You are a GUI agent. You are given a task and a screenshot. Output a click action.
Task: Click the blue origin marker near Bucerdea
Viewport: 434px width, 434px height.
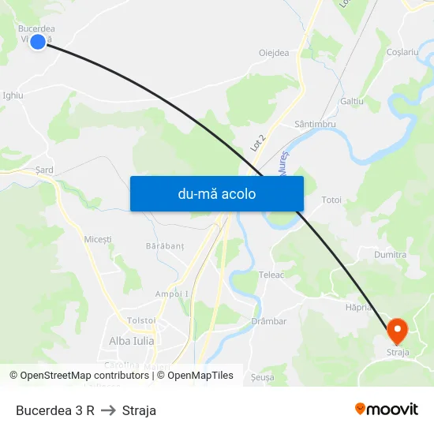(x=37, y=41)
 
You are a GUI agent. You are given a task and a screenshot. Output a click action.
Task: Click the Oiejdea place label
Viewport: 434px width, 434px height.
(x=274, y=53)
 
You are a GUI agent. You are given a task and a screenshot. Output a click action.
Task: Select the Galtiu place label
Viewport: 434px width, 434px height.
(x=351, y=102)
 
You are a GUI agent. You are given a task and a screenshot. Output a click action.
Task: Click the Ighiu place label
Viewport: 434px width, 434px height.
(x=13, y=95)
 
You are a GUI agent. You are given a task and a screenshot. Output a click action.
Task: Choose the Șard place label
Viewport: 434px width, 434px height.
(x=44, y=170)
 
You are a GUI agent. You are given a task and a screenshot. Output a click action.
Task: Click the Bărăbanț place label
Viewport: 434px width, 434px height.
(x=164, y=246)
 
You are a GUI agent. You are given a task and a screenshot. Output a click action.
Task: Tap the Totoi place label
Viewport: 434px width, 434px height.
(x=331, y=200)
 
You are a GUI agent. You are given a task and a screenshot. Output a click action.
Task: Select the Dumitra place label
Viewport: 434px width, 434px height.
(x=391, y=255)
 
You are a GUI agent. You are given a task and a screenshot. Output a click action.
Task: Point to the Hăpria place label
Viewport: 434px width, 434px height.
(x=358, y=306)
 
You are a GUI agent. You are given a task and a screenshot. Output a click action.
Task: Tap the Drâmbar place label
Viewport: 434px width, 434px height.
(x=268, y=321)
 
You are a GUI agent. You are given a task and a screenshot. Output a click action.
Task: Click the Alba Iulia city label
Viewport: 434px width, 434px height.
(x=132, y=341)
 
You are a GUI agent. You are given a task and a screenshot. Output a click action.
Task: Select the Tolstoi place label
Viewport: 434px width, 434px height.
(x=141, y=320)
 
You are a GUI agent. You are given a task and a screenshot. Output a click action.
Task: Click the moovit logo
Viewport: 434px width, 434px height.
(x=387, y=409)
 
